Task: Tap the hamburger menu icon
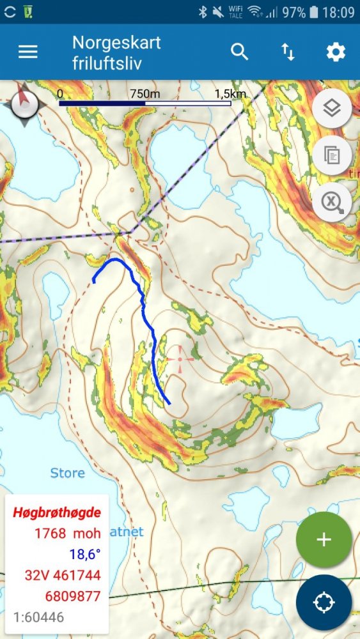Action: (x=28, y=52)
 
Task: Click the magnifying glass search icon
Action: (x=239, y=52)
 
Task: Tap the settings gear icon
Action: (x=336, y=52)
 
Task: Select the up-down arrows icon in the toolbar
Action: (x=288, y=52)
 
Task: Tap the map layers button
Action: (x=331, y=109)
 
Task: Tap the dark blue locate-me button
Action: (x=324, y=603)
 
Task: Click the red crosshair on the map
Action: (x=180, y=358)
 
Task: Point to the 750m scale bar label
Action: (x=145, y=93)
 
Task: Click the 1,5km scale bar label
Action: (x=230, y=93)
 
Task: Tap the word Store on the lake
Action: (x=67, y=473)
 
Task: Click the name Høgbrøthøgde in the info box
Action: (x=57, y=512)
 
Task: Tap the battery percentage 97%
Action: (x=295, y=12)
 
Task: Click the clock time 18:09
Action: (x=338, y=12)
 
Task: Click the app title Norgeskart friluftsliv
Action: (x=116, y=52)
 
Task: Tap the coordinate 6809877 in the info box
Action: (x=72, y=596)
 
